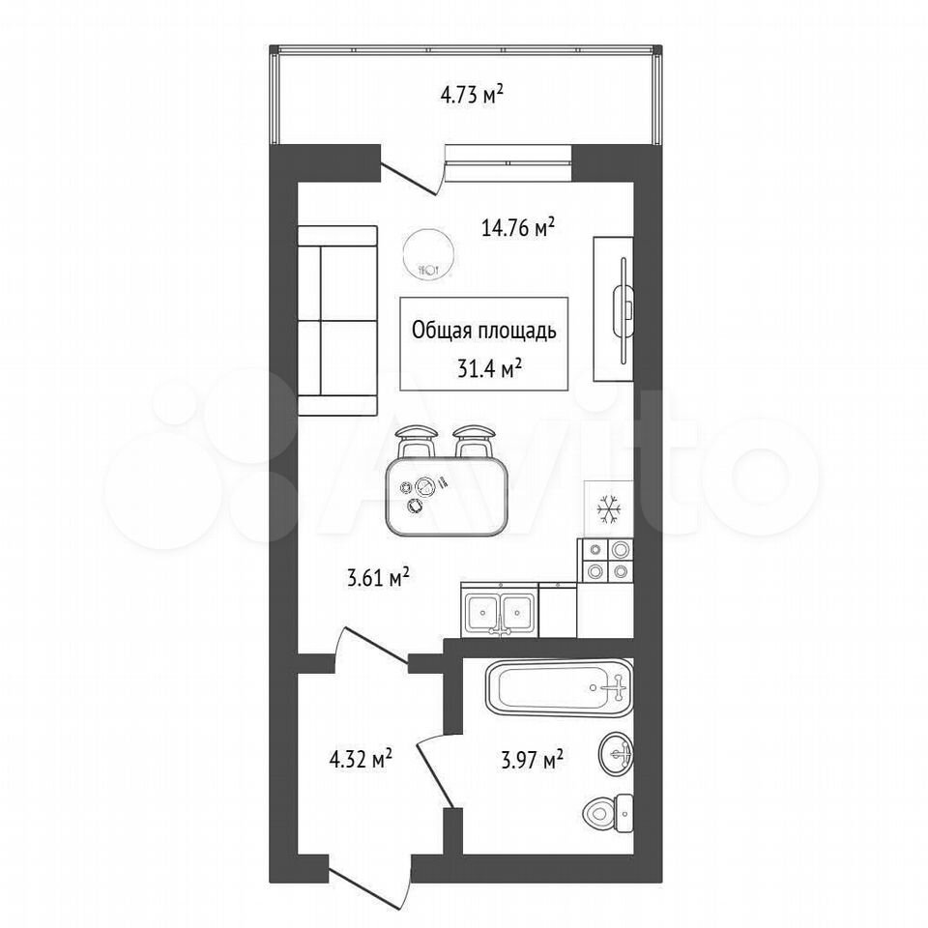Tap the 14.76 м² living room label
(518, 228)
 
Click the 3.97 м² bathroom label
(532, 760)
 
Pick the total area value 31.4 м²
(489, 369)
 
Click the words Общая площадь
(484, 331)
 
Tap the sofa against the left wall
(337, 320)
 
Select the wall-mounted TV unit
(614, 309)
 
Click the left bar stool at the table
(419, 441)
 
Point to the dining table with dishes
(447, 496)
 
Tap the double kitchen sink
(500, 610)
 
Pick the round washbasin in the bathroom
(616, 754)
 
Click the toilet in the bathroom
(608, 813)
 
